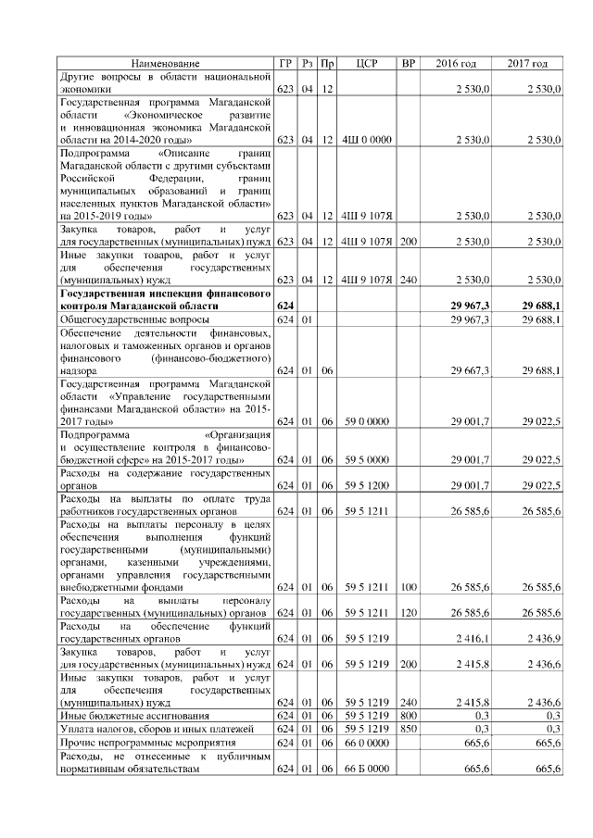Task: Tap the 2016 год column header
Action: pyautogui.click(x=456, y=63)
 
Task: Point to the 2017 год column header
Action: pyautogui.click(x=527, y=63)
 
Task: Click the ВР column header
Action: pyautogui.click(x=408, y=63)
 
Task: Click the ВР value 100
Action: pyautogui.click(x=408, y=586)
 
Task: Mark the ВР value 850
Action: pyautogui.click(x=408, y=729)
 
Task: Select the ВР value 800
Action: pyautogui.click(x=408, y=716)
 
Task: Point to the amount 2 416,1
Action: pyautogui.click(x=472, y=639)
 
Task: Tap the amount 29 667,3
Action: pyautogui.click(x=470, y=370)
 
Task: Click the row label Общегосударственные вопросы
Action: pyautogui.click(x=120, y=319)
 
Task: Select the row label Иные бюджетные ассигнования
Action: pyautogui.click(x=121, y=716)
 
